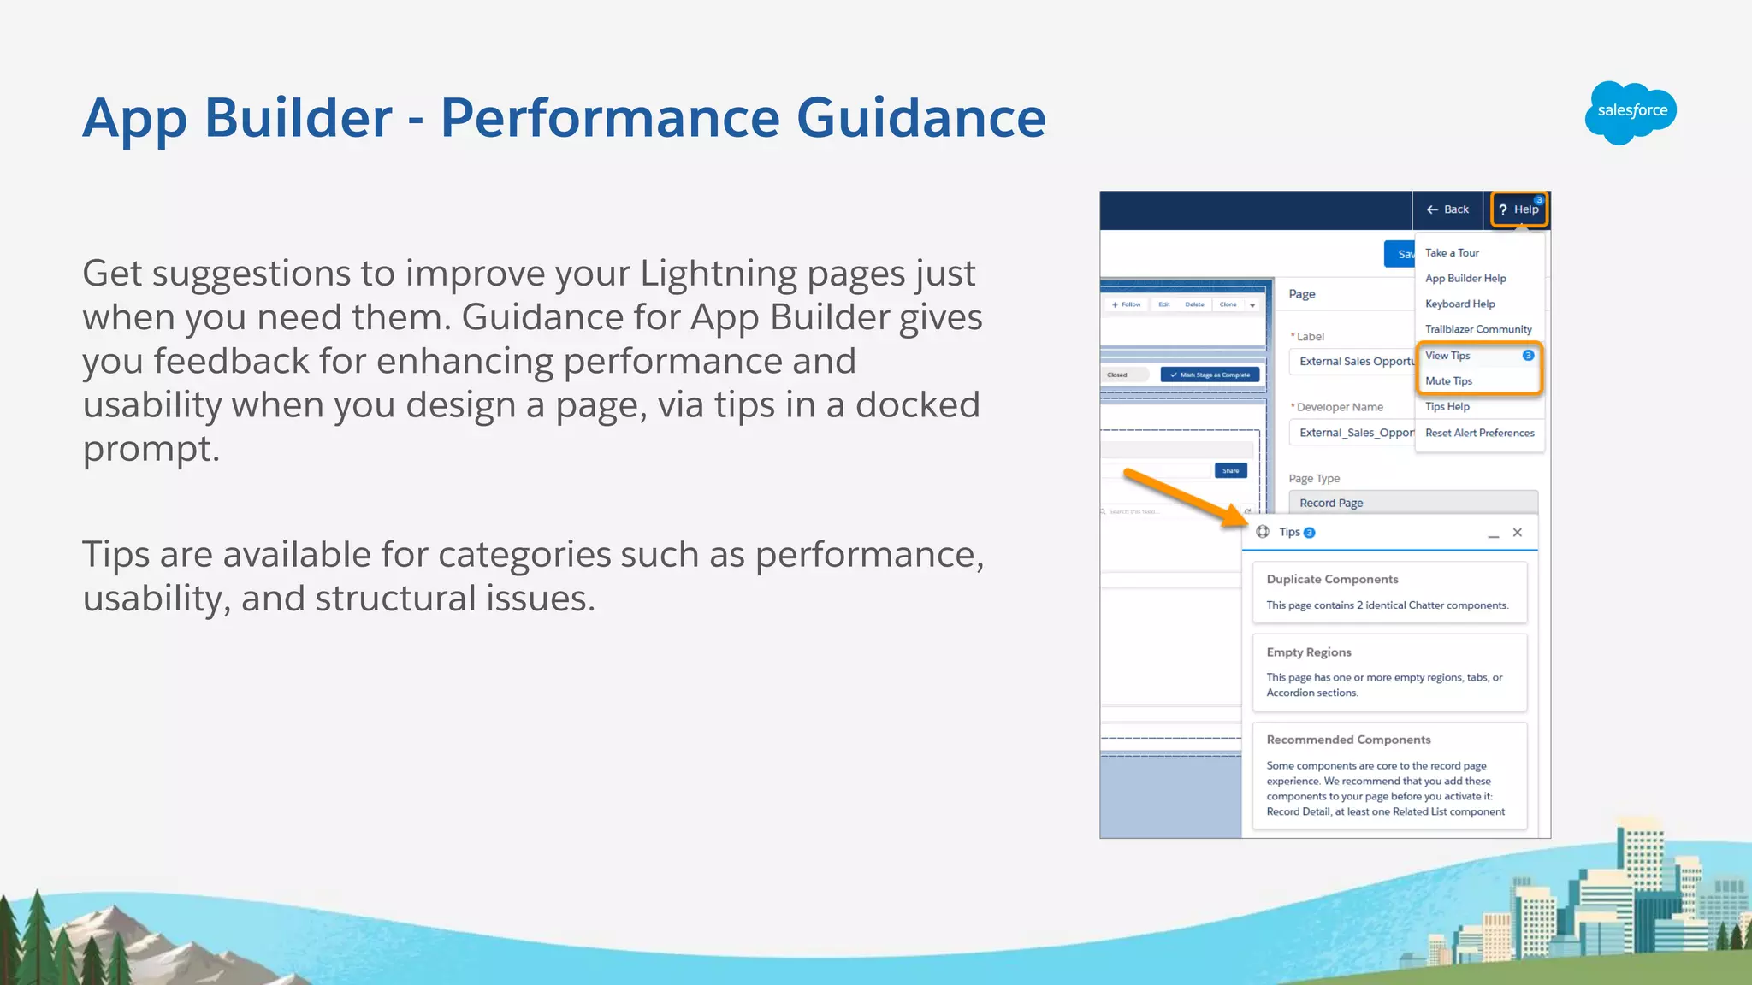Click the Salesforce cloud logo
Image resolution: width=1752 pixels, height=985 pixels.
[1631, 112]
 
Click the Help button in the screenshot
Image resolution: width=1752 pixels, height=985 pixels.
[1519, 209]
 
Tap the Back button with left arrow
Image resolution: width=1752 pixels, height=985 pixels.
[1447, 209]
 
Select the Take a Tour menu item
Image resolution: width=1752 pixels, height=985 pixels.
[1452, 253]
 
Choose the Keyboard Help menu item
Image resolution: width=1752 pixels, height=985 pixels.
[1459, 304]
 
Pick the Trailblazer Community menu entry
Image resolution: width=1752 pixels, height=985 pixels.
[1478, 329]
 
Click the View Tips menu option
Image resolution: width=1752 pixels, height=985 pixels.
[1447, 356]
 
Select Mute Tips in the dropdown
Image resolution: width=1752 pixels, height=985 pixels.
[1448, 381]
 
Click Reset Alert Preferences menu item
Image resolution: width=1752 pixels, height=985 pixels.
[1479, 434]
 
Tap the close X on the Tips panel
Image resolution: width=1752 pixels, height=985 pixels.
[1518, 533]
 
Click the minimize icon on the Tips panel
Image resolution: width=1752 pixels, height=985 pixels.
[1494, 534]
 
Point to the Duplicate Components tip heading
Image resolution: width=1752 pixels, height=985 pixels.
[1332, 580]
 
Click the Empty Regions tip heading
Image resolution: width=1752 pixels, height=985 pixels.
[1309, 652]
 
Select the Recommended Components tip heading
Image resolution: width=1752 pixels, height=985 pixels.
[1348, 740]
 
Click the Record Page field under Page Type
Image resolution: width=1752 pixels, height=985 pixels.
[1412, 503]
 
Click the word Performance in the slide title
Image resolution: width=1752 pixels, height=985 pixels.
[610, 117]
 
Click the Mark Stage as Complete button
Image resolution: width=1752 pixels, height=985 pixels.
[1210, 375]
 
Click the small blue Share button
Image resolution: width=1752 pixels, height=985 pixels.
[1230, 471]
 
